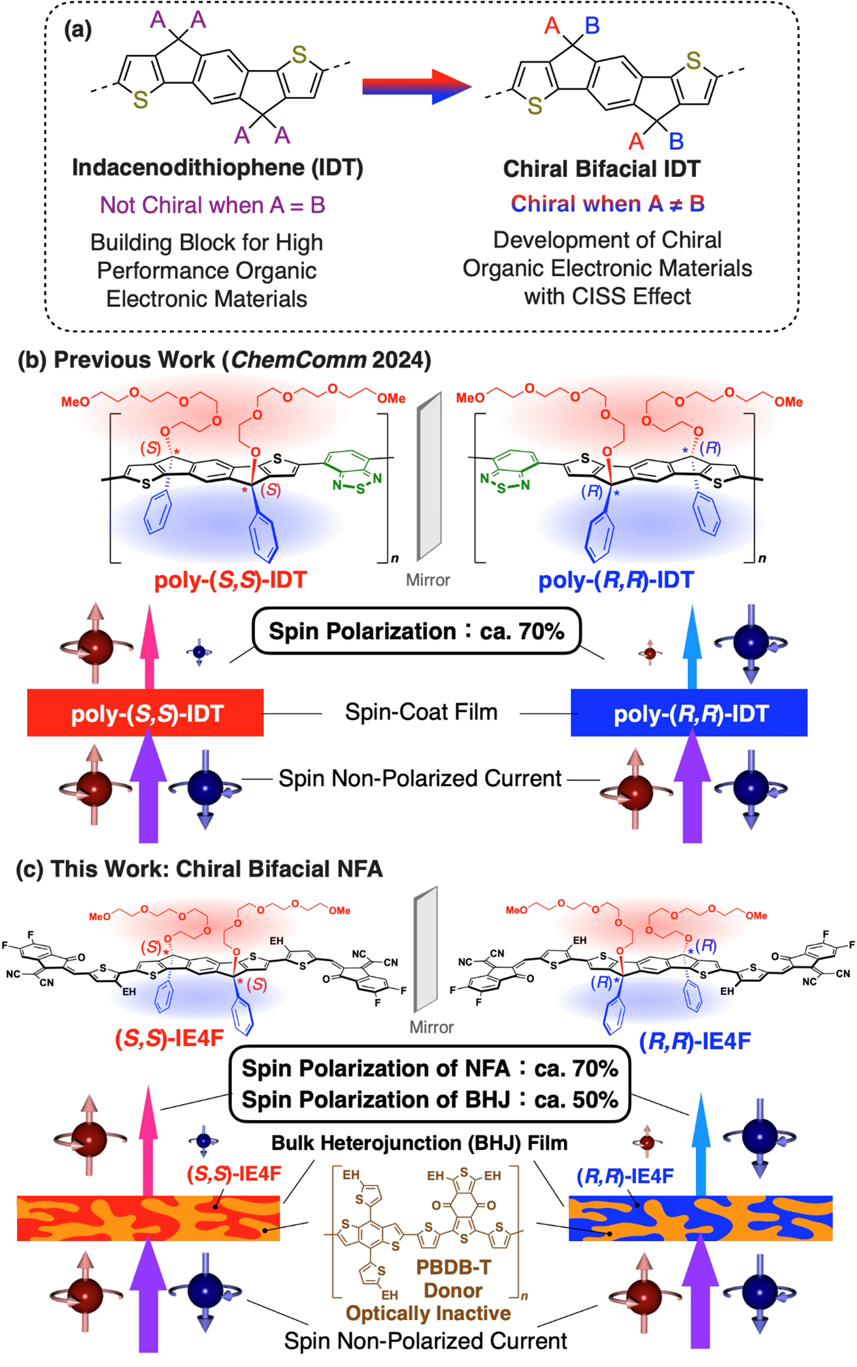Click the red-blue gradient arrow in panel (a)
coord(416,86)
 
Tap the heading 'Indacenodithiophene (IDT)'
coord(218,167)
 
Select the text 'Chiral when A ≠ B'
coord(607,203)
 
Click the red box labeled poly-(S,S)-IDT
coord(146,713)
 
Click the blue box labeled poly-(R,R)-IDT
coord(689,713)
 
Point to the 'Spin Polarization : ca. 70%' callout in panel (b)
coord(416,631)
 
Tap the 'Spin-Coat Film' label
coord(421,712)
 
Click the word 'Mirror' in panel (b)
coord(428,580)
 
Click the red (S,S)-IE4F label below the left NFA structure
coord(169,1038)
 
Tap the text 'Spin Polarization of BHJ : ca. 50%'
coord(430,1100)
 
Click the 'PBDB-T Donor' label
coord(453,1279)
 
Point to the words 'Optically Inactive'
coord(428,1313)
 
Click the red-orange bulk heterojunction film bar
coord(148,1218)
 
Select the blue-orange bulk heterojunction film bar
coord(701,1218)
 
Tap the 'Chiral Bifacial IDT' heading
coord(601,169)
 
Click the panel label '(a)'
coord(78,29)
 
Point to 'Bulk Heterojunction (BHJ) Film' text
coord(419,1143)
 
